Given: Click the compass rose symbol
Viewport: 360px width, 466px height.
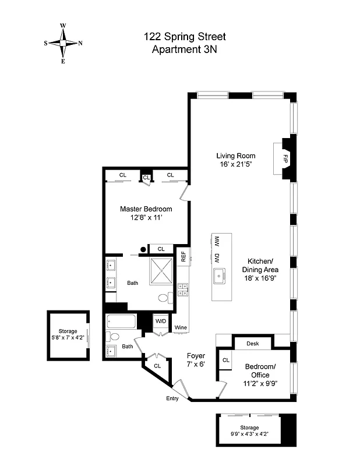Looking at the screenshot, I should tap(63, 43).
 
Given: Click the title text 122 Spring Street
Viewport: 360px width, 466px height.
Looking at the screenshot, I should tap(185, 37).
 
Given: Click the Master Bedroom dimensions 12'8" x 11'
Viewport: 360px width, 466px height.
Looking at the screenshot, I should tap(146, 218).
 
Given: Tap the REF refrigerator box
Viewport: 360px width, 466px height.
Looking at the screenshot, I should tap(183, 256).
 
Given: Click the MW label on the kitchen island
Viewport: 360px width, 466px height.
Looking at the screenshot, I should tap(216, 241).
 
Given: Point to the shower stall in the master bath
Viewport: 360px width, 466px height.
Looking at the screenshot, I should tap(161, 271).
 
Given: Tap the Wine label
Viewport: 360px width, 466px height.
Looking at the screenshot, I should tap(181, 328).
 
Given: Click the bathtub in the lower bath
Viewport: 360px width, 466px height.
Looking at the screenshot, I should tap(121, 322).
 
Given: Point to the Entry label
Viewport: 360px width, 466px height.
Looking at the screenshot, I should tap(173, 398).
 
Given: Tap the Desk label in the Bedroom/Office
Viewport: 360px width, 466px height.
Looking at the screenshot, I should tap(252, 344).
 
